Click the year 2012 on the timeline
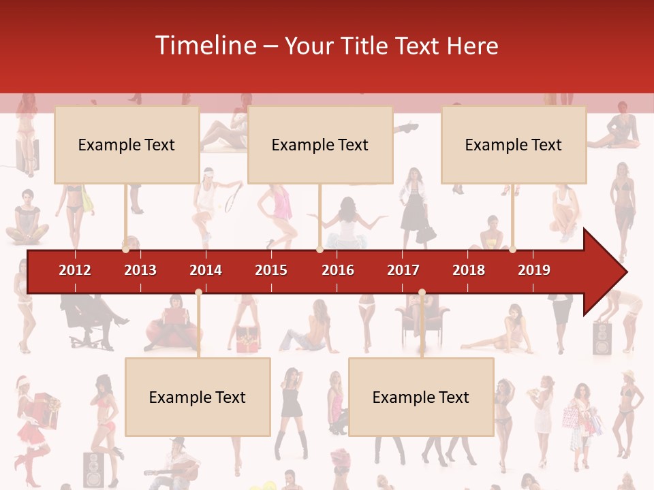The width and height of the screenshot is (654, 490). [75, 270]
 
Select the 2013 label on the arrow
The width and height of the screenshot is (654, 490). [140, 270]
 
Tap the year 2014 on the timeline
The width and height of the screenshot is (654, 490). [206, 270]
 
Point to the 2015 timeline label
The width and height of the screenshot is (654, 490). [271, 270]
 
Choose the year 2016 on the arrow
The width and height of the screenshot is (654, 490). [338, 270]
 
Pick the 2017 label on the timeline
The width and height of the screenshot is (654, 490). [403, 270]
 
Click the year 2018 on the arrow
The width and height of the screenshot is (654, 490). [469, 270]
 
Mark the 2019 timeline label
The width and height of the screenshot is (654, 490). [534, 270]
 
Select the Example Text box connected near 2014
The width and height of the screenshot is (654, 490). [198, 397]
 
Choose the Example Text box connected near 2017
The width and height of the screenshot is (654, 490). [421, 397]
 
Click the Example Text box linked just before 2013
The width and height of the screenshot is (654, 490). [127, 144]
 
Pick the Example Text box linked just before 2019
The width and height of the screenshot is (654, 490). [514, 144]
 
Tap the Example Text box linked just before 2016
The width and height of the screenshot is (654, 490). [320, 144]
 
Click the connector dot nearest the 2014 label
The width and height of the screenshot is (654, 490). [198, 292]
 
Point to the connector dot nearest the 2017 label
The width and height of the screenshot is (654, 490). [422, 293]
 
